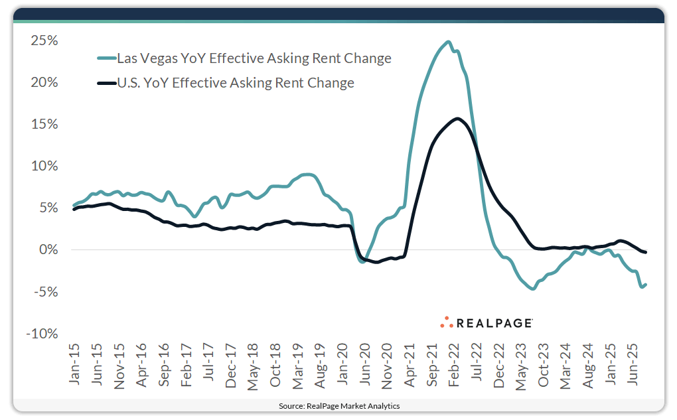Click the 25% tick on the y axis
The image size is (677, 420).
pyautogui.click(x=44, y=40)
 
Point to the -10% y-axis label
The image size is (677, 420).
pyautogui.click(x=41, y=334)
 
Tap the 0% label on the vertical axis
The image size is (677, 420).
pyautogui.click(x=48, y=250)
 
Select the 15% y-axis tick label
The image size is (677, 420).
pyautogui.click(x=44, y=124)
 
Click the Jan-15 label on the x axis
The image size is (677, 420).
pyautogui.click(x=74, y=366)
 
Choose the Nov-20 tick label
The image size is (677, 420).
pyautogui.click(x=388, y=366)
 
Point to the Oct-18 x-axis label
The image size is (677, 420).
pyautogui.click(x=275, y=366)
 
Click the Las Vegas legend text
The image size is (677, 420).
pyautogui.click(x=254, y=58)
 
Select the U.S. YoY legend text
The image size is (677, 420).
pyautogui.click(x=236, y=83)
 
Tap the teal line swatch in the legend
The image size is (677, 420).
pyautogui.click(x=106, y=58)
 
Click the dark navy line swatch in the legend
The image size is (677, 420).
pyautogui.click(x=106, y=83)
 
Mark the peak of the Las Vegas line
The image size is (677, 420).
pyautogui.click(x=448, y=42)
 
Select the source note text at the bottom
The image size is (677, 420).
pyautogui.click(x=338, y=405)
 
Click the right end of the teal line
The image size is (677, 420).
pyautogui.click(x=646, y=284)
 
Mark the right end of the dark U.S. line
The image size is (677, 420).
pyautogui.click(x=646, y=252)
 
